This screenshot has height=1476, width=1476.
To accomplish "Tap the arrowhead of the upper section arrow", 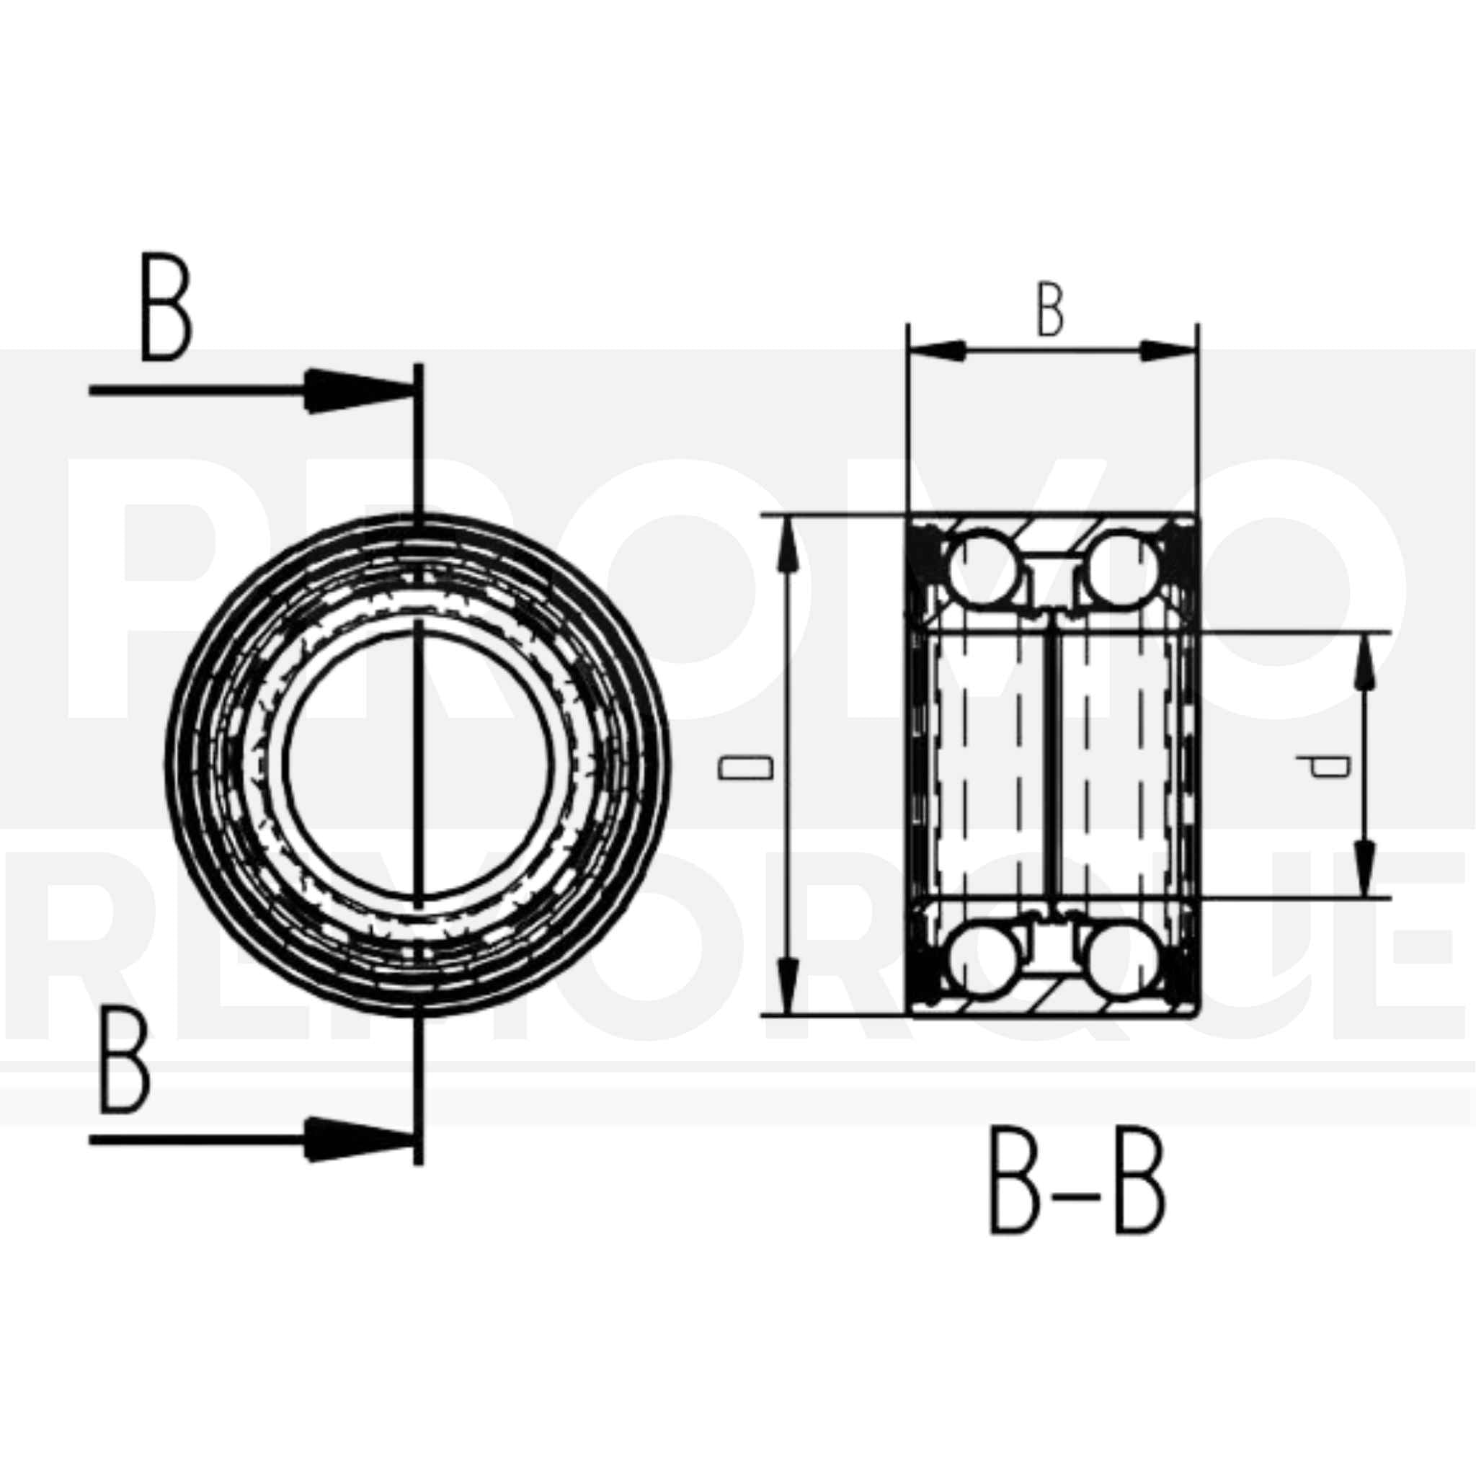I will point(359,391).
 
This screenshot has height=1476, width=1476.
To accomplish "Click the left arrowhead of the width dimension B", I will point(936,352).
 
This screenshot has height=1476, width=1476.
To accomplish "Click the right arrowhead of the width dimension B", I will point(1168,352).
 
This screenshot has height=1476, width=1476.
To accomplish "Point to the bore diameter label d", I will point(1328,765).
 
